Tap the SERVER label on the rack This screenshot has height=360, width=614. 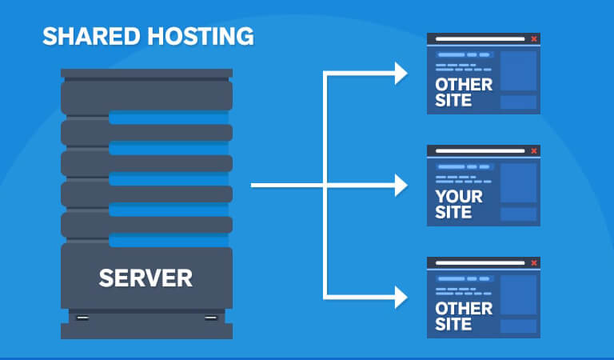(x=146, y=278)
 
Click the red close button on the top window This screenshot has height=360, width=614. (x=534, y=38)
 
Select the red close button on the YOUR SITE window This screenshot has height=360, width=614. (x=534, y=150)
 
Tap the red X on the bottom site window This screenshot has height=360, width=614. (x=534, y=262)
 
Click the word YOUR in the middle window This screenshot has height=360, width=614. (x=459, y=196)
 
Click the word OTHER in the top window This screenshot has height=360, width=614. (x=464, y=84)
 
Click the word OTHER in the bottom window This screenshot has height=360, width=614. (x=464, y=308)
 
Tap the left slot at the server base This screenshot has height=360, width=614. (x=82, y=318)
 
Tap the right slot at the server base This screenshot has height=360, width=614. (x=210, y=318)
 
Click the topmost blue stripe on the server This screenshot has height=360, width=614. (x=169, y=118)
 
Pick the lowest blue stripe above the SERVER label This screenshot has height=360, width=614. (x=169, y=240)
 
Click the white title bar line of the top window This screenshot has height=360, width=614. (x=479, y=38)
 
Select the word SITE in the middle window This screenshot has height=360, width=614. (x=453, y=213)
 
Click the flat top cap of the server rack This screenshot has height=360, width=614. (x=146, y=74)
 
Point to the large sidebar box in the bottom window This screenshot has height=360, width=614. (x=518, y=295)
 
